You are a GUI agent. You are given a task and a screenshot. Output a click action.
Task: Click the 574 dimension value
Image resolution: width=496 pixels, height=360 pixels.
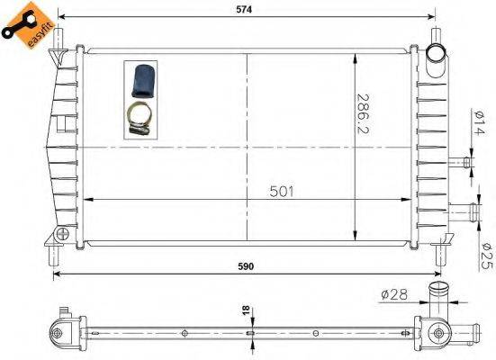[246, 10]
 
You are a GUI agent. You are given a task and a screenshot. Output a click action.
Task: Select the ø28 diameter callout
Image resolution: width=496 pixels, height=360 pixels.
[394, 292]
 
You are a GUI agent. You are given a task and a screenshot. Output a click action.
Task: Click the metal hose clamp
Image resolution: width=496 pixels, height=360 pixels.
[137, 117]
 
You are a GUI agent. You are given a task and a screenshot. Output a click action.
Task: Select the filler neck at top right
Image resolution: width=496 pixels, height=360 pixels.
[437, 58]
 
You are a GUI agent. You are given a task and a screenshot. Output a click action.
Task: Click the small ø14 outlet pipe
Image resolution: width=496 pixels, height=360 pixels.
[463, 162]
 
